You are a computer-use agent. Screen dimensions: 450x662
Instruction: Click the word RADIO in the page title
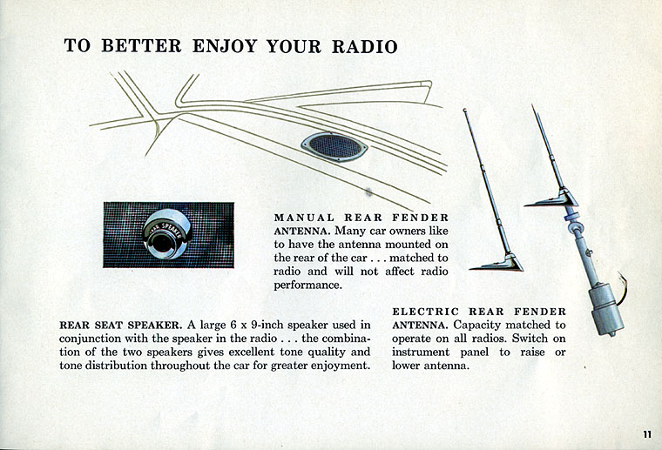[365, 46]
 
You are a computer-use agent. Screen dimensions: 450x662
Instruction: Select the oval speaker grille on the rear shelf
[334, 146]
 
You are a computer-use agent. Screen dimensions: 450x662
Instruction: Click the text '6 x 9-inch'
[236, 326]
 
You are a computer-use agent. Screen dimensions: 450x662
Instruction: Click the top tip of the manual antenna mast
[465, 111]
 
